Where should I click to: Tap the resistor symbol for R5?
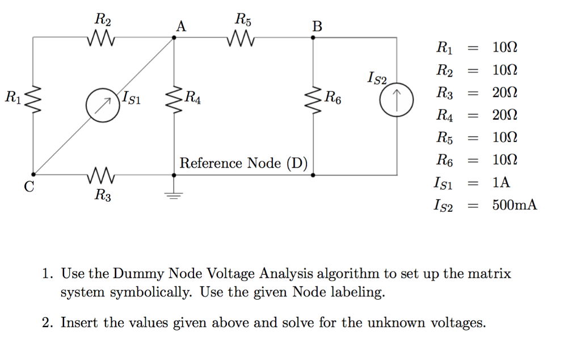[x=243, y=40]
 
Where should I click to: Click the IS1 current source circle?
[x=103, y=106]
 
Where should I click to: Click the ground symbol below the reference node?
[x=174, y=195]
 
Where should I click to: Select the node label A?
[x=180, y=26]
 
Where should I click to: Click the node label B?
[x=317, y=26]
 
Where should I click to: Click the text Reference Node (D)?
[x=243, y=164]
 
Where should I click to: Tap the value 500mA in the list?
[x=514, y=205]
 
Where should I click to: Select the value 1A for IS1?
[x=502, y=183]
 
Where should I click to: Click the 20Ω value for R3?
[x=505, y=93]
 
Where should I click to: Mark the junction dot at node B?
[x=313, y=37]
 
